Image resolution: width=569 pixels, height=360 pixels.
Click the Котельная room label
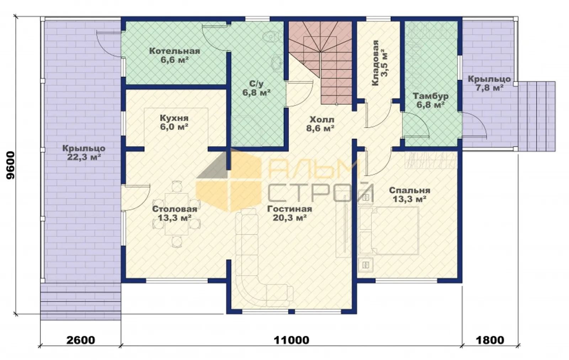(175, 55)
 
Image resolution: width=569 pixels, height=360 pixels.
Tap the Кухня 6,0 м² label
(174, 122)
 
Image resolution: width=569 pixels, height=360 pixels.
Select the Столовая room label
(175, 213)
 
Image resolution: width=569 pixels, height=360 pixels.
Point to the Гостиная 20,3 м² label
(289, 213)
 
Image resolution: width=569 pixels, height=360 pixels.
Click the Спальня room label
(409, 195)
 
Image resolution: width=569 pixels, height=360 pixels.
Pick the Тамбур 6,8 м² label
(431, 100)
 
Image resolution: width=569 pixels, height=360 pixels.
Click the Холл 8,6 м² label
(320, 124)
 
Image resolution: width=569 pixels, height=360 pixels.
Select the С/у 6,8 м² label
(256, 88)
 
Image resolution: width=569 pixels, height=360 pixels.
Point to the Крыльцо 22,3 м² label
(84, 152)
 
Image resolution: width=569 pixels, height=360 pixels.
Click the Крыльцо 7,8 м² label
(489, 83)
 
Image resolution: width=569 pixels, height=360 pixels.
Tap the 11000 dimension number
(291, 340)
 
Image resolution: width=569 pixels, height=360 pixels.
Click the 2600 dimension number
(81, 340)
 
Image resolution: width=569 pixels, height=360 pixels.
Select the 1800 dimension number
(490, 340)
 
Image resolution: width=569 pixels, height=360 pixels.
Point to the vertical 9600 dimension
(11, 166)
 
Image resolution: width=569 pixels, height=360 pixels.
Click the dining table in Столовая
(176, 214)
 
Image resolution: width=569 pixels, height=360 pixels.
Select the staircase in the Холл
(320, 63)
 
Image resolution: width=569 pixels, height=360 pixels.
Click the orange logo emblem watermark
(229, 181)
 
